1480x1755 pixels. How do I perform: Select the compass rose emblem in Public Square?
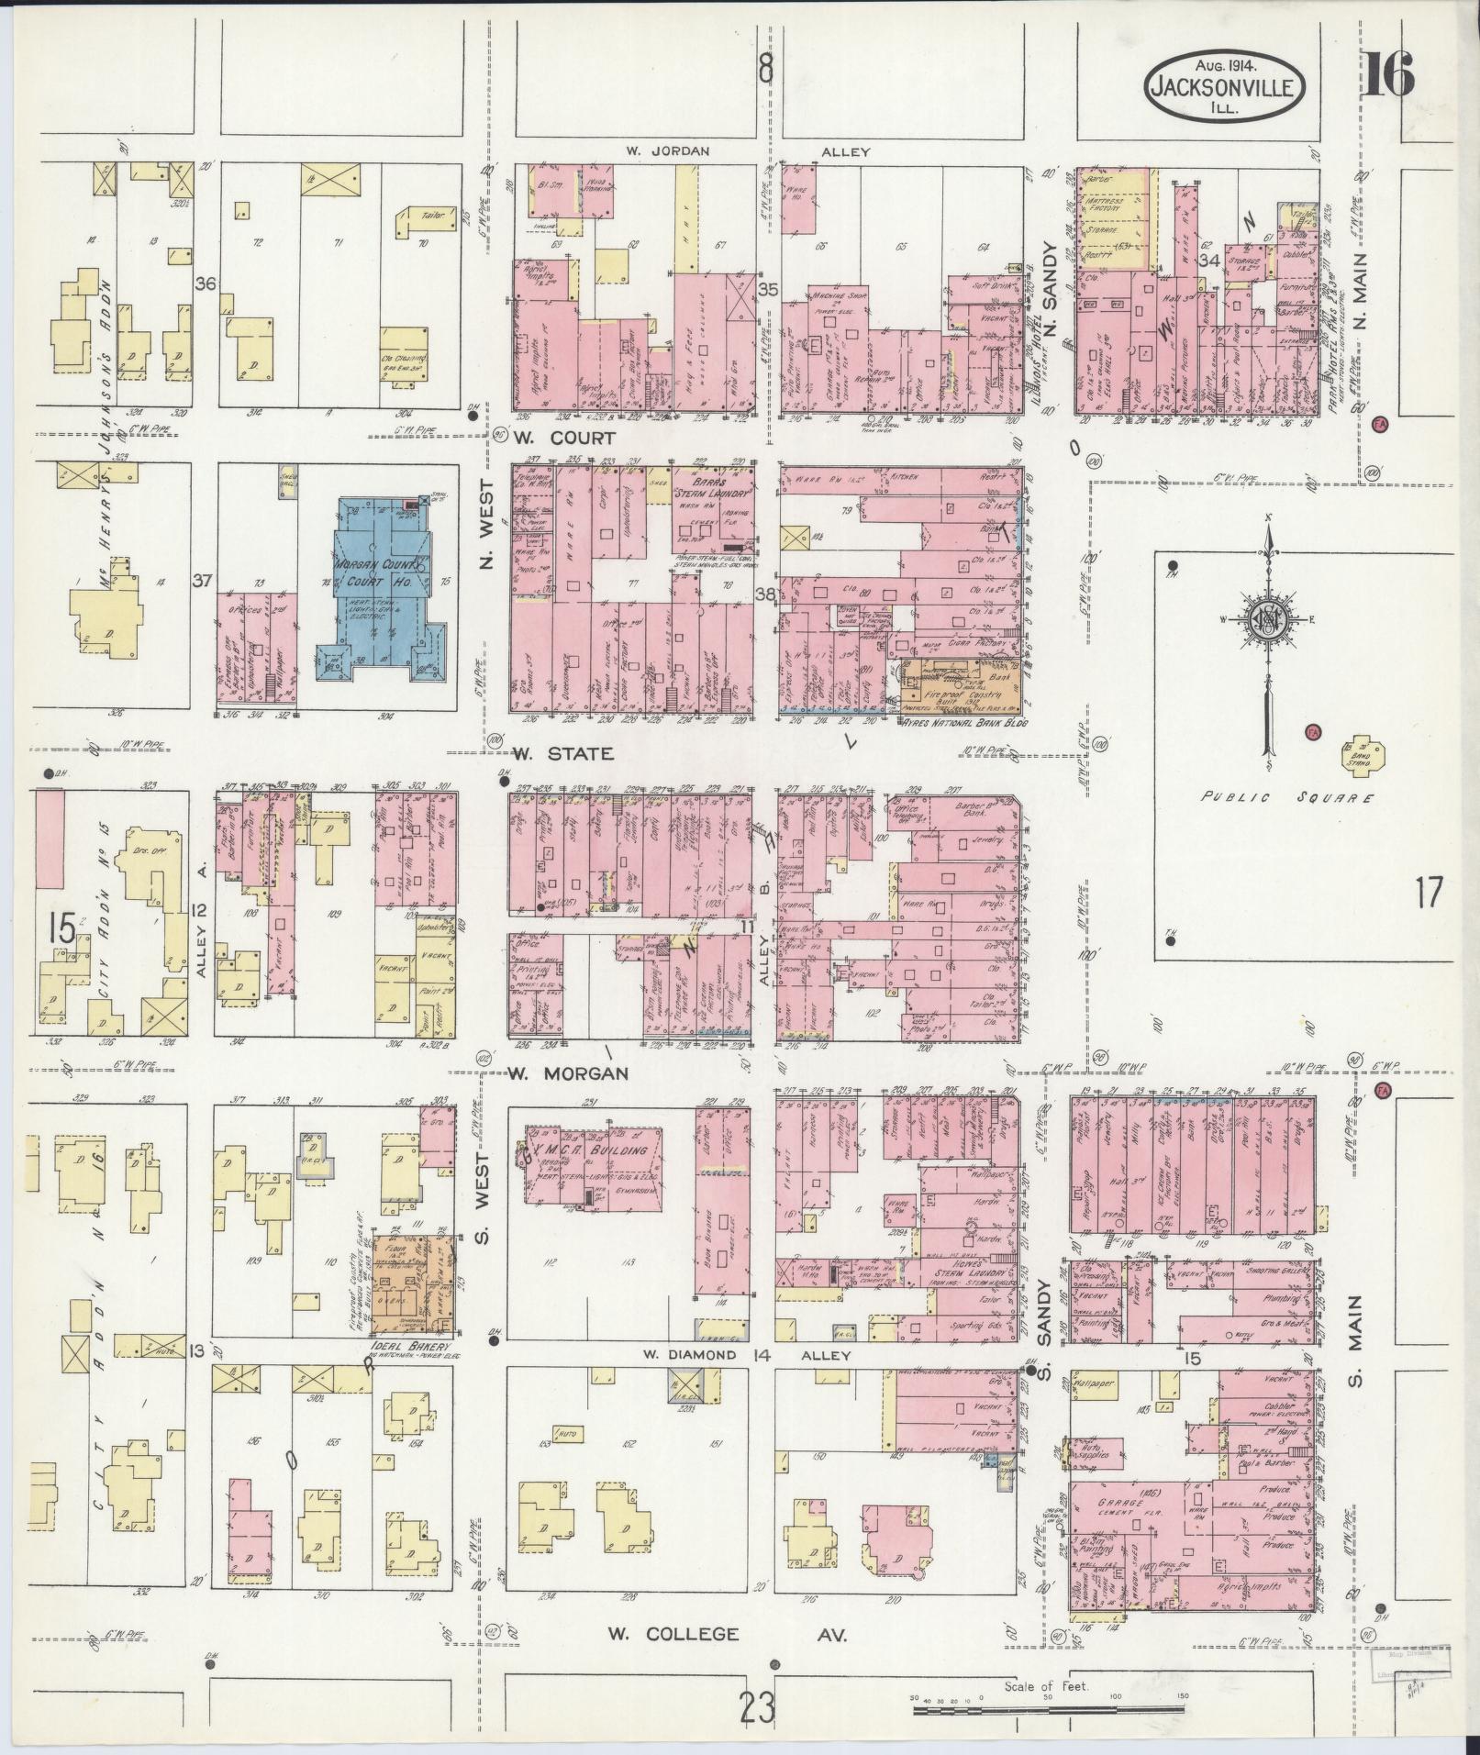1268,620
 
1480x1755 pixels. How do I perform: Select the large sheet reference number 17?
1429,891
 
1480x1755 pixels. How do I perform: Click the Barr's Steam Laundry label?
715,483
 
